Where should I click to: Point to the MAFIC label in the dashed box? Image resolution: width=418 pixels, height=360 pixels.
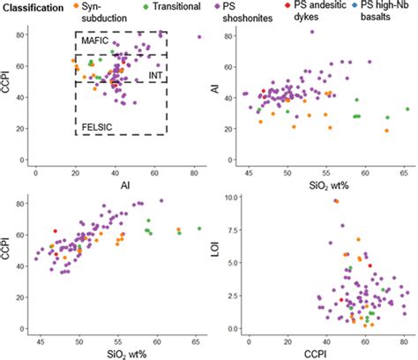pyautogui.click(x=96, y=42)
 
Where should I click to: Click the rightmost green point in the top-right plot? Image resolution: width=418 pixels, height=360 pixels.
pyautogui.click(x=407, y=109)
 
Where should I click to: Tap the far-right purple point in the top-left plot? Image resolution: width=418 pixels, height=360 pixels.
pyautogui.click(x=199, y=37)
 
